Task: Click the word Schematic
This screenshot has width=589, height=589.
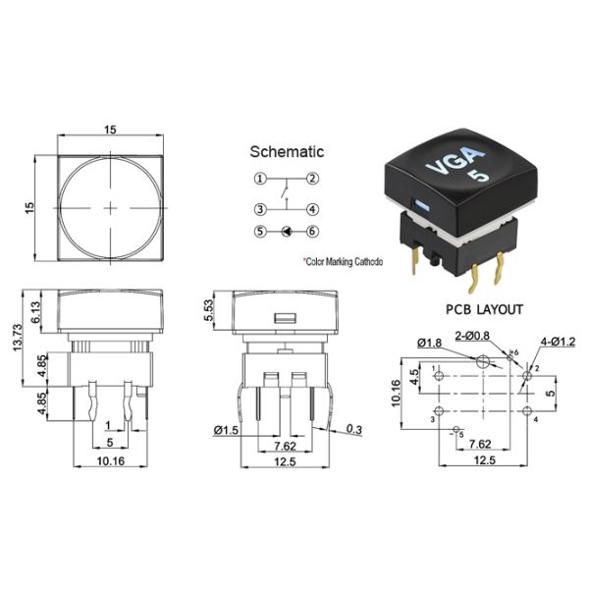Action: (287, 152)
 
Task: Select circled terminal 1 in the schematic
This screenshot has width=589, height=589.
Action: (260, 179)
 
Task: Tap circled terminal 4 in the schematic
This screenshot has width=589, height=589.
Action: (311, 209)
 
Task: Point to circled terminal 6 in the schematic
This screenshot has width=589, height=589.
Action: (311, 233)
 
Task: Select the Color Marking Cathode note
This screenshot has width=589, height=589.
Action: (343, 261)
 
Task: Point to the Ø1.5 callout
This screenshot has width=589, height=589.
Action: (225, 428)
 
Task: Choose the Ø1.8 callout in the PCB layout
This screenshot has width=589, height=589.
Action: (429, 342)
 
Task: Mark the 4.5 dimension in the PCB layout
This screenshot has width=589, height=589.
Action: (415, 374)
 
